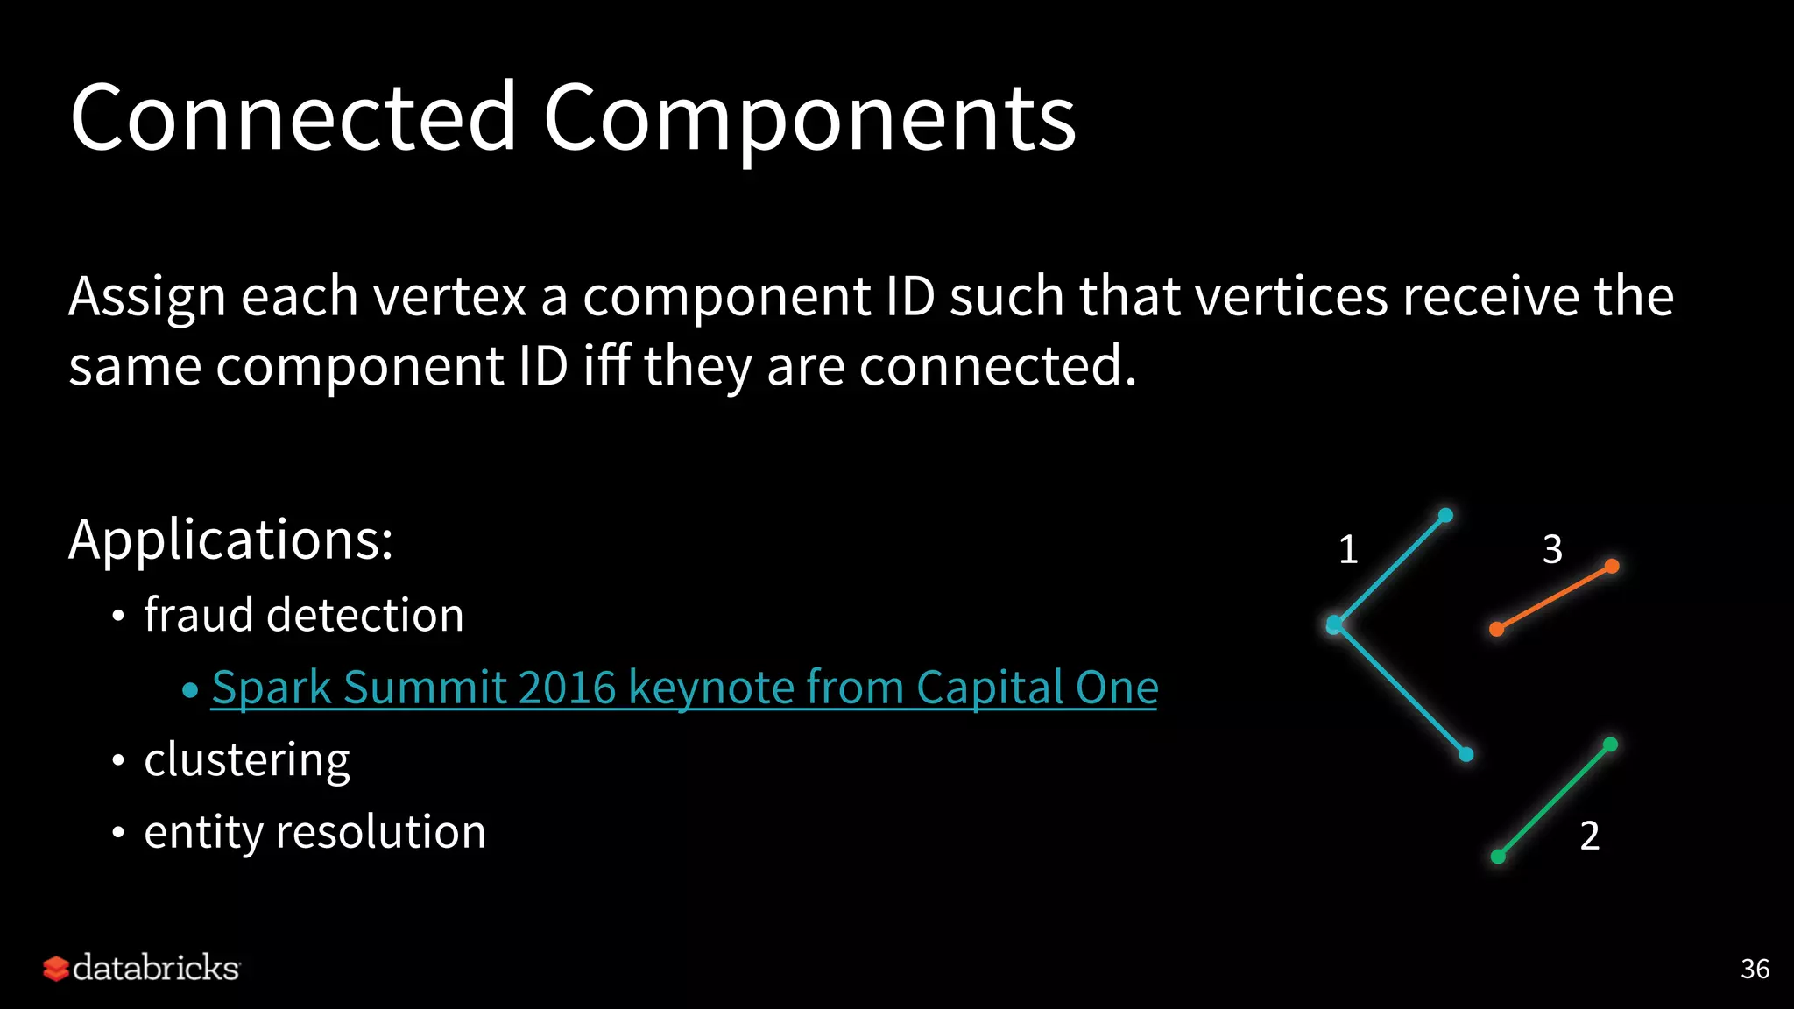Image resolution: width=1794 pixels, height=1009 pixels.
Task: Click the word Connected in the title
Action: (x=293, y=118)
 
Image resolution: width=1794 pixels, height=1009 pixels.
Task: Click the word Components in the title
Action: (x=809, y=118)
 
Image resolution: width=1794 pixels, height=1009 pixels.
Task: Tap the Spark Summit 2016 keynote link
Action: (x=684, y=688)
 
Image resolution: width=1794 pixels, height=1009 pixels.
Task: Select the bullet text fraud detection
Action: (x=303, y=615)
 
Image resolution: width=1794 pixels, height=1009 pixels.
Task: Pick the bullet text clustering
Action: (x=246, y=759)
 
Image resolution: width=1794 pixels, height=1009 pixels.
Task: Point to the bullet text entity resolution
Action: (x=314, y=832)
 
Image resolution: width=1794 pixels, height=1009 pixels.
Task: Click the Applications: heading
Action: (x=230, y=540)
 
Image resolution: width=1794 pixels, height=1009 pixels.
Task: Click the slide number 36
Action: (x=1755, y=969)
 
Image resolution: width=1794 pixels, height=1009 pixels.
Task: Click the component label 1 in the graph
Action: (x=1348, y=550)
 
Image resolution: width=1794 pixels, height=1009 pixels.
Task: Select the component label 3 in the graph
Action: (x=1552, y=550)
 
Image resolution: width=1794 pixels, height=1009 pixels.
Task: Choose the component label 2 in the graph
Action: (x=1589, y=836)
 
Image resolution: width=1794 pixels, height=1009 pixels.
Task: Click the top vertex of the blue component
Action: (x=1445, y=515)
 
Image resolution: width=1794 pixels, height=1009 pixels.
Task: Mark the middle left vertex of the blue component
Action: (x=1334, y=624)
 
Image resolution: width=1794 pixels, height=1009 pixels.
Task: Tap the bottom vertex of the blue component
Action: (x=1466, y=754)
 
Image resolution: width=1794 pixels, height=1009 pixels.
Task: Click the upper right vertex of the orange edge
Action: (x=1612, y=566)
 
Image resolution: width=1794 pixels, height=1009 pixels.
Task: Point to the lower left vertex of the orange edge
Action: (x=1497, y=629)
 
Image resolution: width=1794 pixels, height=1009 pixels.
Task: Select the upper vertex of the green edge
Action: (x=1610, y=744)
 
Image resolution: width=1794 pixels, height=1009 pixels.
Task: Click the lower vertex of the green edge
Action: (x=1498, y=857)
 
